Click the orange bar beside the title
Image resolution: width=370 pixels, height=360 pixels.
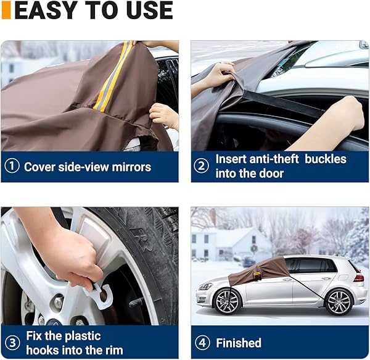click(6, 10)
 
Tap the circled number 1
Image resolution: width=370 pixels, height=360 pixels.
click(12, 167)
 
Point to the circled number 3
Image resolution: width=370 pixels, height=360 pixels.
click(12, 343)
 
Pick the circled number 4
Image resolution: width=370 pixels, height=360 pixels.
click(202, 343)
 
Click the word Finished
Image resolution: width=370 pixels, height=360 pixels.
click(238, 343)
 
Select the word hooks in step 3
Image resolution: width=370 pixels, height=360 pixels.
click(42, 351)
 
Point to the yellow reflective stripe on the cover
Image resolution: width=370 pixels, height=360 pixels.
click(112, 77)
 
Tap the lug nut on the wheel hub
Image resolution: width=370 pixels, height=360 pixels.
click(57, 303)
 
